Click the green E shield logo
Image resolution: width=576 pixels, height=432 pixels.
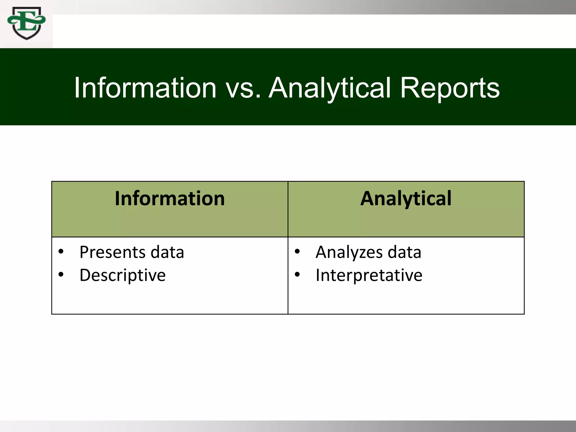27,23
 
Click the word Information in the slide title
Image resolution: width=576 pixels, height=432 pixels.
145,88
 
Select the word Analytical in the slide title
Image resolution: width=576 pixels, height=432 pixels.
330,88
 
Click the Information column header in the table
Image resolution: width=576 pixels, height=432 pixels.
170,199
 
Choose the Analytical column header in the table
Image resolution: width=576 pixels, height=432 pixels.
406,199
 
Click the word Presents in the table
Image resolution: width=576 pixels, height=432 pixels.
112,252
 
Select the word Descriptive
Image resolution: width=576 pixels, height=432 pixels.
123,275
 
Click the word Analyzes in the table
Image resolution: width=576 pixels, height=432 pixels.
349,252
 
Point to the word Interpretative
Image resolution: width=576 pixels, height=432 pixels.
369,275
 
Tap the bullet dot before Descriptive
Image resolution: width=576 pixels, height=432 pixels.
61,274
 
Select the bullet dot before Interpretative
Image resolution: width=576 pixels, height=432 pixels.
297,274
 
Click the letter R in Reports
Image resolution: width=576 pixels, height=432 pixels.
410,88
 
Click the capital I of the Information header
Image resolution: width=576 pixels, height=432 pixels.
118,199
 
